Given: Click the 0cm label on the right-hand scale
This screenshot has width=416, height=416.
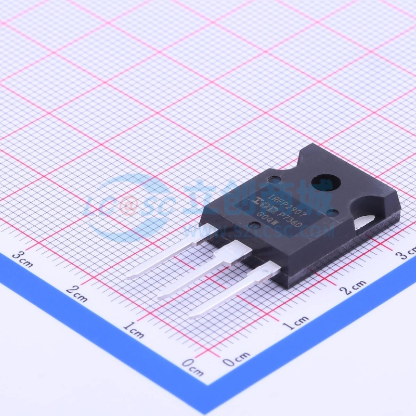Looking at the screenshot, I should pyautogui.click(x=237, y=359).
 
